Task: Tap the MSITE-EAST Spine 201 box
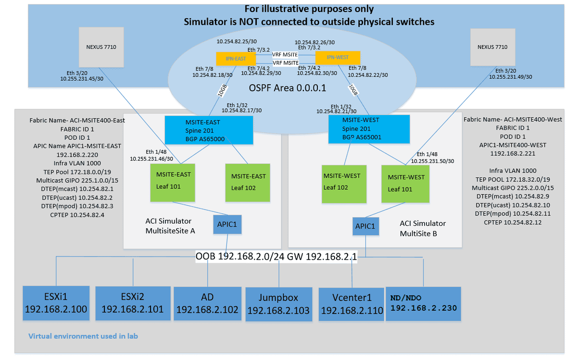point(209,130)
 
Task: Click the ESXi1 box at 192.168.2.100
point(56,303)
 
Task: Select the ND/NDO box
point(423,304)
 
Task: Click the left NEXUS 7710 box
point(101,47)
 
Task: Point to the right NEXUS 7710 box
point(492,47)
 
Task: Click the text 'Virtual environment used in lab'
point(83,336)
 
